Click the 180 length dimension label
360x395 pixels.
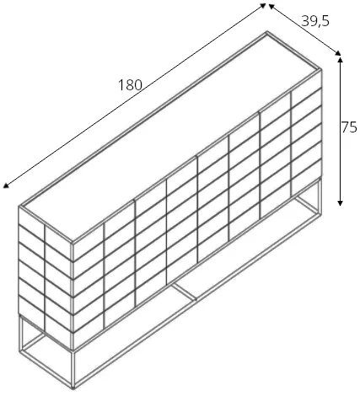[131, 85]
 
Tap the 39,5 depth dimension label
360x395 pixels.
[315, 21]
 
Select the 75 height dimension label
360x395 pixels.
[349, 127]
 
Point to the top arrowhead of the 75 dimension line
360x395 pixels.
[340, 59]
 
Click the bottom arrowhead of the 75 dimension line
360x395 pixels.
[340, 203]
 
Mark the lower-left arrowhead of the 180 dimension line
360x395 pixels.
[6, 185]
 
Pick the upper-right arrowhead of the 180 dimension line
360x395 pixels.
[263, 5]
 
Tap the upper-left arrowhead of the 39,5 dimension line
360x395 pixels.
[271, 6]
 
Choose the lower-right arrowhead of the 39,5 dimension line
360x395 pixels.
[338, 53]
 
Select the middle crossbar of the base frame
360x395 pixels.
[184, 292]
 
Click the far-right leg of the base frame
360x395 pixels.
[320, 195]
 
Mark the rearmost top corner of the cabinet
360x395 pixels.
[267, 32]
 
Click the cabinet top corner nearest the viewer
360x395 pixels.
[73, 243]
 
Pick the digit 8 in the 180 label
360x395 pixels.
[131, 85]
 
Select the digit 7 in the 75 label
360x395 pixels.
[346, 127]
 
